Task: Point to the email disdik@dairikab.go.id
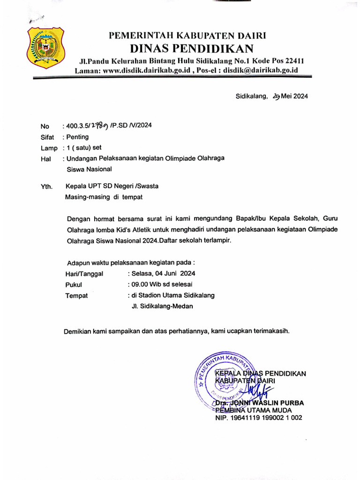260,70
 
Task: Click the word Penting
77,137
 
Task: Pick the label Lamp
49,149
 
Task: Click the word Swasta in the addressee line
147,186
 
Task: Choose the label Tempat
76,296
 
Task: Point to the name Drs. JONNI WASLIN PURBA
259,403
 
